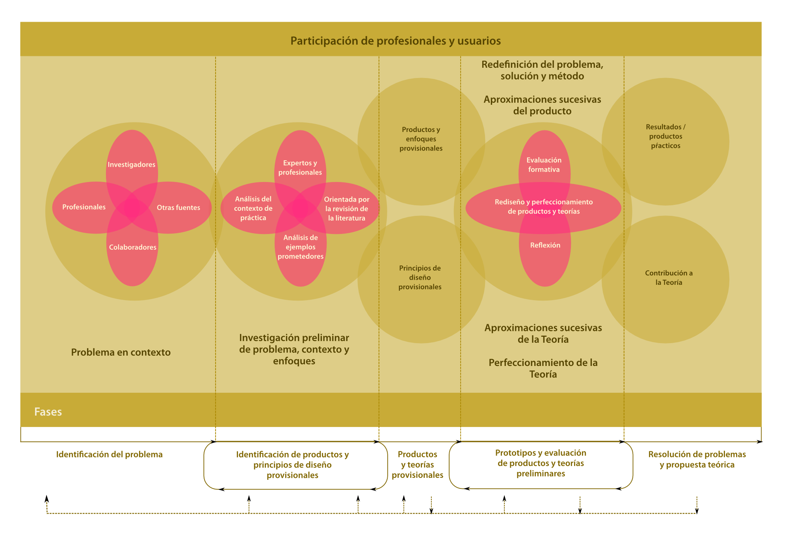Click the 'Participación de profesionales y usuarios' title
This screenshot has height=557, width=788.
pos(396,41)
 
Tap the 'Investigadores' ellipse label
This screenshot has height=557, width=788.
pos(132,165)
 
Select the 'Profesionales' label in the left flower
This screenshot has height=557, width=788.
pos(84,207)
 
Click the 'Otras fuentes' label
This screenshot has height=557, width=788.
pos(178,208)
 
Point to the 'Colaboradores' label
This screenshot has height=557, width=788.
pos(133,247)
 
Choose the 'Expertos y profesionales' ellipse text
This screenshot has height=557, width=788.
pos(300,168)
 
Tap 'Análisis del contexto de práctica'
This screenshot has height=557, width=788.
pos(253,208)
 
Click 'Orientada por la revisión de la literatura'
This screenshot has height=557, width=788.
pos(347,209)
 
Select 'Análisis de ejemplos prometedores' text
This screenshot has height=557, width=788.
pos(301,247)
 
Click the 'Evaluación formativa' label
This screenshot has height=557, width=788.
pos(544,165)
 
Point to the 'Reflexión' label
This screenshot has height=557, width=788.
pos(545,245)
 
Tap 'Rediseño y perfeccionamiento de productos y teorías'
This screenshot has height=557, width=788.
pos(544,207)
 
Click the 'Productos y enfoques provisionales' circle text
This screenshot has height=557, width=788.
pos(421,139)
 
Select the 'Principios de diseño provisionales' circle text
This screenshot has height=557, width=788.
pos(420,278)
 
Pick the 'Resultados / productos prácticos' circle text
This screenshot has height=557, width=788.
pos(666,136)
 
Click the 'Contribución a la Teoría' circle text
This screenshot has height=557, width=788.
pos(669,278)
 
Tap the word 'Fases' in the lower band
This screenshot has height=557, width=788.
pos(48,412)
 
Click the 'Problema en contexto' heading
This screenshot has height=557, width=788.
pos(121,352)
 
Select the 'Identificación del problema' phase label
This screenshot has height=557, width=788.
pos(110,455)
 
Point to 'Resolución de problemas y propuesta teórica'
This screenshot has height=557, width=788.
pos(697,460)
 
